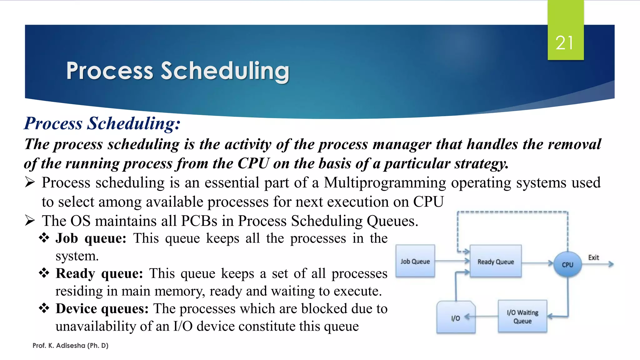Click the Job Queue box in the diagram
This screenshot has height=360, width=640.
[x=415, y=261]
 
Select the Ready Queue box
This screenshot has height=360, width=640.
[x=496, y=262]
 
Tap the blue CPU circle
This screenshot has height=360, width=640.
[x=567, y=265]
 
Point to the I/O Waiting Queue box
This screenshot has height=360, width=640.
[x=522, y=316]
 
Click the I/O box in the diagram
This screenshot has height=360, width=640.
[x=456, y=318]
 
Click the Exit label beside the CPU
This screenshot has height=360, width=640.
[x=593, y=257]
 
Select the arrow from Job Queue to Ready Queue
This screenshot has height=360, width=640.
[x=452, y=261]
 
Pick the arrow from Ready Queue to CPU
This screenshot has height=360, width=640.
[x=537, y=263]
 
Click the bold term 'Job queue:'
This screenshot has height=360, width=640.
[x=91, y=238]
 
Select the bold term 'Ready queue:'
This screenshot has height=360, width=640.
[x=99, y=273]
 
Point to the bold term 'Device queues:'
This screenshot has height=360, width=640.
[x=102, y=309]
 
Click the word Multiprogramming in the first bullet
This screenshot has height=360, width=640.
[x=385, y=182]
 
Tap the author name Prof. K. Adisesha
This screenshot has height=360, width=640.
[x=70, y=345]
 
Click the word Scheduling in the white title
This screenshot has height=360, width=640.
[x=225, y=71]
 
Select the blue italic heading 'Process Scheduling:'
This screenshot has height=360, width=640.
[x=102, y=123]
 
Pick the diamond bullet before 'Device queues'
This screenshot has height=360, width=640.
[x=44, y=308]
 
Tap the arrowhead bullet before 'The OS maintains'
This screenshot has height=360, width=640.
[x=30, y=221]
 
